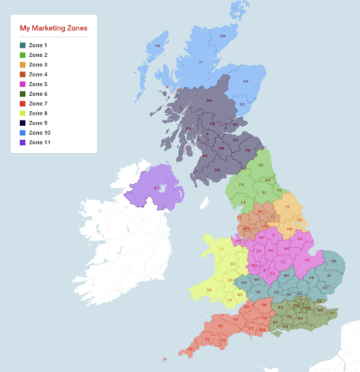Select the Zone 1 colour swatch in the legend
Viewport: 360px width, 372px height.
coord(22,45)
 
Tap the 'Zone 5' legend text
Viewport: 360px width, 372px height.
coord(38,84)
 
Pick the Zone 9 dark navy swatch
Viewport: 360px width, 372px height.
coord(22,123)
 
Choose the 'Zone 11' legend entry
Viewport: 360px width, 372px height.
coord(40,143)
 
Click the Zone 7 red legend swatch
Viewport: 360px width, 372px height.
coord(22,104)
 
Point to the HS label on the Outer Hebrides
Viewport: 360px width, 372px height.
coord(157,45)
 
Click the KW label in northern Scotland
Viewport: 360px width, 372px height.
coord(222,35)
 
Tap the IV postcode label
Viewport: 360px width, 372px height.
coord(201,63)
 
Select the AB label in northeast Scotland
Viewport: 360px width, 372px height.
coord(246,81)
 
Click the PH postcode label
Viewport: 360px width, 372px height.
coord(209,101)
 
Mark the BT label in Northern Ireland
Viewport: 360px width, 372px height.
coord(156,187)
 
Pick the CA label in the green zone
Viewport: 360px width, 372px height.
coord(242,185)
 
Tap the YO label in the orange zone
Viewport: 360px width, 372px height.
coord(287,206)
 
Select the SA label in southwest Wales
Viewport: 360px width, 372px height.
coord(210,290)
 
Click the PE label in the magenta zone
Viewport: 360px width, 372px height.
coord(307,258)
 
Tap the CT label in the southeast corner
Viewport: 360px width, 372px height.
coord(333,314)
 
